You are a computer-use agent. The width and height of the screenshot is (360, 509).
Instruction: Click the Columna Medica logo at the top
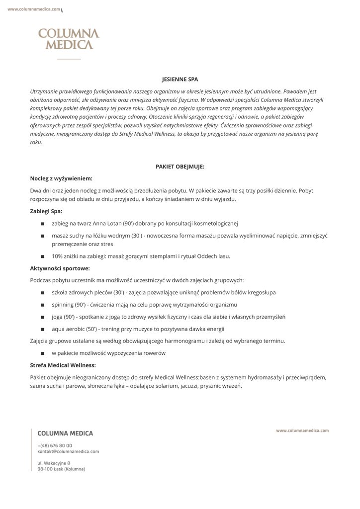(x=69, y=39)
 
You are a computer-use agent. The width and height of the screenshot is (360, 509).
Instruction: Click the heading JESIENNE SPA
(x=180, y=79)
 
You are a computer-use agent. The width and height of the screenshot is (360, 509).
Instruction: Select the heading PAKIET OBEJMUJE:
(x=180, y=167)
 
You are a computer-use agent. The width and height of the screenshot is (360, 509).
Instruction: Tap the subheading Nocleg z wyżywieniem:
(x=61, y=178)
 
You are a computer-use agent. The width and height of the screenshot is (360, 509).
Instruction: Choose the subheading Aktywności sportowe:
(x=60, y=268)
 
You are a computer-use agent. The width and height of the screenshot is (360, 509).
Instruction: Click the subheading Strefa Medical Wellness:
(x=63, y=365)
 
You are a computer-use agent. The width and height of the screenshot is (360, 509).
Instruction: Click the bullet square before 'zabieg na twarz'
(x=43, y=224)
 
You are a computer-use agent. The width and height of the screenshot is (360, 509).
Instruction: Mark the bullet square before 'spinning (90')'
(x=43, y=305)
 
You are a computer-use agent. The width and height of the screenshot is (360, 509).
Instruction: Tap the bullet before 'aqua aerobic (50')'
(x=43, y=329)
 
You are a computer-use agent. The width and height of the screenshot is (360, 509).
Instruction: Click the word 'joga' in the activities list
(x=57, y=317)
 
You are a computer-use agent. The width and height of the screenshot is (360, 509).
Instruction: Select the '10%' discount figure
(x=58, y=256)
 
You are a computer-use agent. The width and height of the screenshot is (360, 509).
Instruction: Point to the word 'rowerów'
(x=153, y=353)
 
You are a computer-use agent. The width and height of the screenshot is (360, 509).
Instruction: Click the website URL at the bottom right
(x=302, y=430)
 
